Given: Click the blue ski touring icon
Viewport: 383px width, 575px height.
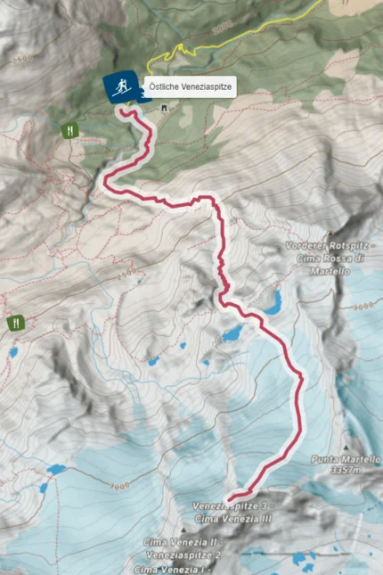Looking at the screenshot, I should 119,86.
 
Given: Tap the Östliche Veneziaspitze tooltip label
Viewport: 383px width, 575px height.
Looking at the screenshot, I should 190,87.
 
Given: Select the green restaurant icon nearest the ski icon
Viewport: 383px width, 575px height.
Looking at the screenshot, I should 69,130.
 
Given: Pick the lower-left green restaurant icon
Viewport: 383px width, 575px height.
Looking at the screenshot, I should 15,323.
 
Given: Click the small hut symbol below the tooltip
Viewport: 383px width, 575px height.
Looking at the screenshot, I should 164,108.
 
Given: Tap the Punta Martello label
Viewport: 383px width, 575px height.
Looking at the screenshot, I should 346,459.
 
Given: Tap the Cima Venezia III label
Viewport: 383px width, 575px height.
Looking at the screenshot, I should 231,518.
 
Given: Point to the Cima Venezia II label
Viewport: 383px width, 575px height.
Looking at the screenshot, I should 182,542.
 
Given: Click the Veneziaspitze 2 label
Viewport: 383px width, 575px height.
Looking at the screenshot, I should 182,554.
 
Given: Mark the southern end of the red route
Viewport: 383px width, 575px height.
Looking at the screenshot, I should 230,497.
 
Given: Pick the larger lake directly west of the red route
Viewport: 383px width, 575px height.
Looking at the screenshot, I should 232,334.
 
